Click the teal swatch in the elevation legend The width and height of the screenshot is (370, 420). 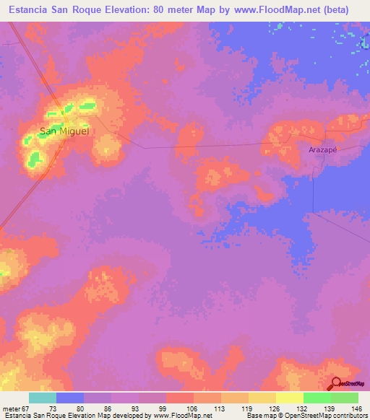tap(43, 398)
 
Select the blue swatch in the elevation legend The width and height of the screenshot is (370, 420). tap(70, 398)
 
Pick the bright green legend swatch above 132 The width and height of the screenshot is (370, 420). tap(317, 398)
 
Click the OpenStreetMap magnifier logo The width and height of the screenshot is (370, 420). tap(335, 384)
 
